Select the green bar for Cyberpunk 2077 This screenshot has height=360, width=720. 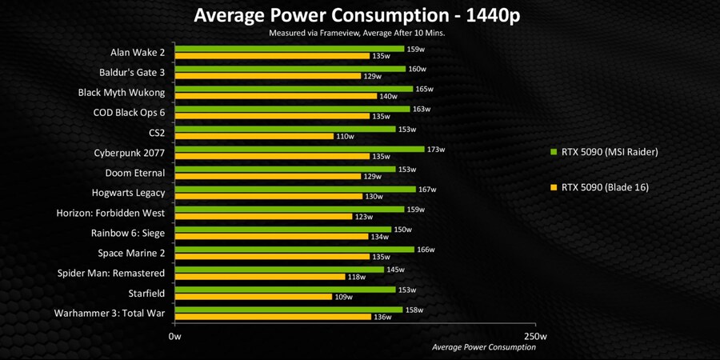[299, 149]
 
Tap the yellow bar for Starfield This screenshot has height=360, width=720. [253, 297]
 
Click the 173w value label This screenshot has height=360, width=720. [436, 150]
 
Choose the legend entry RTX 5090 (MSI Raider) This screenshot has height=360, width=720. [605, 151]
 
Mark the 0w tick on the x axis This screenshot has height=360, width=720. [175, 336]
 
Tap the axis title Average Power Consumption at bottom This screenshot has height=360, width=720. [483, 347]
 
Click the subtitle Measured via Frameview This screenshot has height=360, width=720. [357, 33]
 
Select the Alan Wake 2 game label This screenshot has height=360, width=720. [138, 53]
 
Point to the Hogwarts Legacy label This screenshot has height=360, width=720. [129, 193]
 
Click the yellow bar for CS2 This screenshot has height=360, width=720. [254, 137]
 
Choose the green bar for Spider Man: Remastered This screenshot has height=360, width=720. [279, 270]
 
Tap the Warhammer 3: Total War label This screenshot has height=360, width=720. [110, 313]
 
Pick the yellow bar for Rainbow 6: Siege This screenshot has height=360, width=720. [270, 237]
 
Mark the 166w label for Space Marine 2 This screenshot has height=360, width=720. [426, 250]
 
